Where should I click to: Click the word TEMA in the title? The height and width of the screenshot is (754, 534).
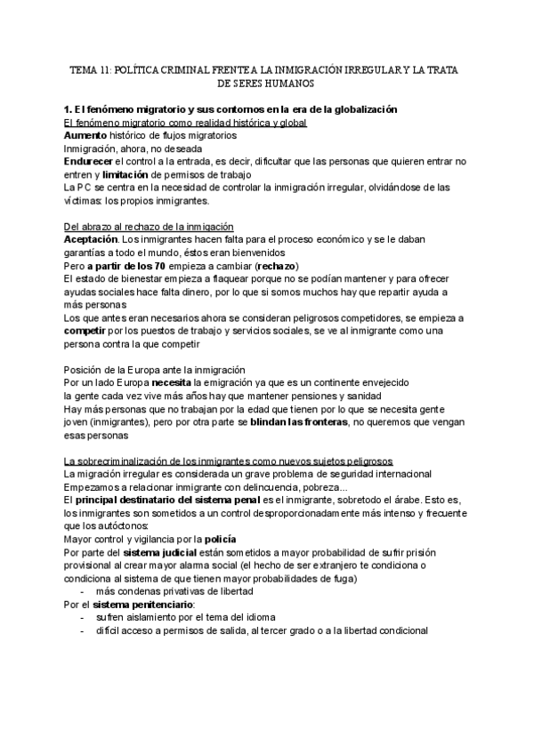[84, 68]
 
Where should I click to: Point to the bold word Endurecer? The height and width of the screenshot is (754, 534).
[90, 162]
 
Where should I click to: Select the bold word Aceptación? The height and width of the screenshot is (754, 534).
[91, 240]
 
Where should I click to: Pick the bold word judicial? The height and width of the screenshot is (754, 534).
[173, 553]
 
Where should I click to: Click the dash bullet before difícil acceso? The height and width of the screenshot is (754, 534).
[83, 631]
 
